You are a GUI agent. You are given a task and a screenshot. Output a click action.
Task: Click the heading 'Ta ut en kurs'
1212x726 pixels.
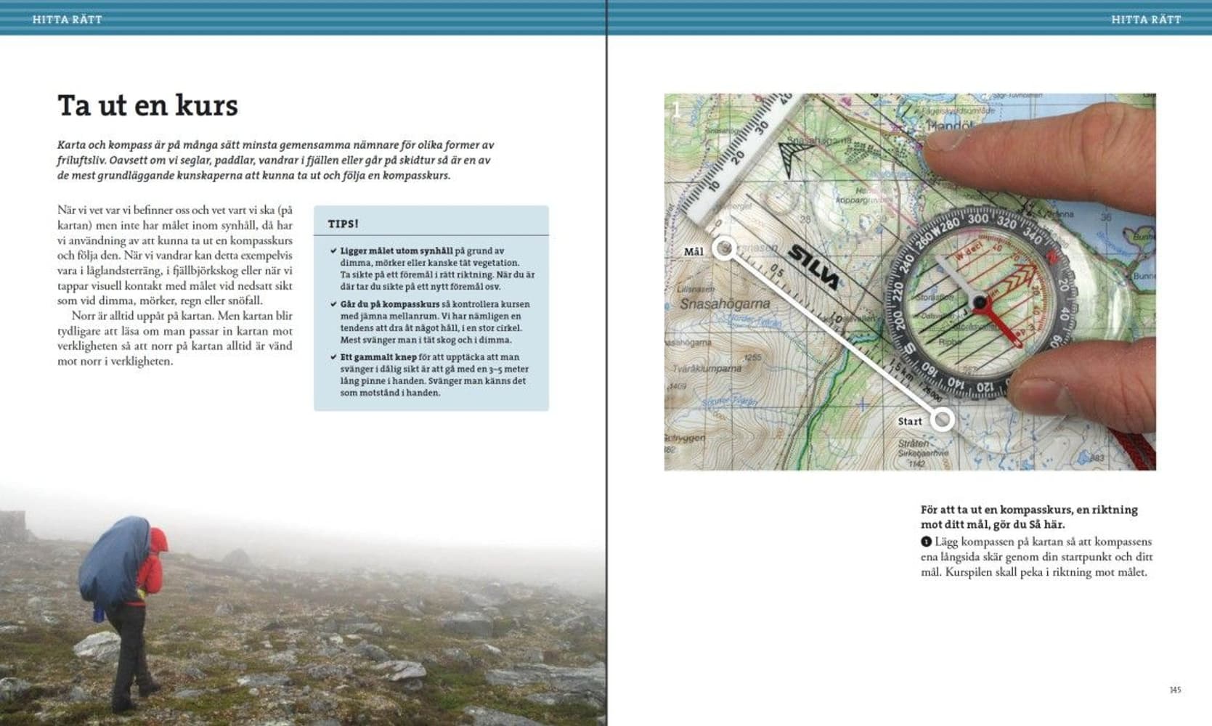tap(147, 106)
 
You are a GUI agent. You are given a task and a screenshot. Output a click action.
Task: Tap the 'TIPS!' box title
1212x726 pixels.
tap(343, 224)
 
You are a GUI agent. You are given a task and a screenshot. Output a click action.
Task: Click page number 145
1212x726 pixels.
tap(1175, 690)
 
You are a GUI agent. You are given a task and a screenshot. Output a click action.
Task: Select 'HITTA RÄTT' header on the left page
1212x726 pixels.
tap(67, 20)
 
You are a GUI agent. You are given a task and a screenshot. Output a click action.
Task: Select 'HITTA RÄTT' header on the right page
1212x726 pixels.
tap(1146, 20)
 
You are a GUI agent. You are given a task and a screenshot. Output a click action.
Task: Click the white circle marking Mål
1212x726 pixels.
tap(723, 249)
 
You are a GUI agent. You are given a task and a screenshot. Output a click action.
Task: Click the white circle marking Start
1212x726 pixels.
tap(942, 419)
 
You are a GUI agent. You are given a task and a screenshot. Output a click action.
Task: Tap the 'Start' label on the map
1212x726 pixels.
tap(909, 421)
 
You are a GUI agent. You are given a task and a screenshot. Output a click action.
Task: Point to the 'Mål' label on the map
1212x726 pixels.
tap(694, 252)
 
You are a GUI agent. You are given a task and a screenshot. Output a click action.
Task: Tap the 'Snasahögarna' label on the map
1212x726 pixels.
tap(724, 303)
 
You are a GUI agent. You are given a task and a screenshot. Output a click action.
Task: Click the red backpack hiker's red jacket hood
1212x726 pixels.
tap(158, 540)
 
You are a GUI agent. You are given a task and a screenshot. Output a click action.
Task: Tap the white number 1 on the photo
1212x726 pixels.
tap(677, 110)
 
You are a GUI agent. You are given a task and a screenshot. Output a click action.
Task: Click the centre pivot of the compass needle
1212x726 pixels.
tap(980, 302)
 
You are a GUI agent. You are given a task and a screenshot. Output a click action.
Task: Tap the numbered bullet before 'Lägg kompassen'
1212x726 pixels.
tap(926, 542)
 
